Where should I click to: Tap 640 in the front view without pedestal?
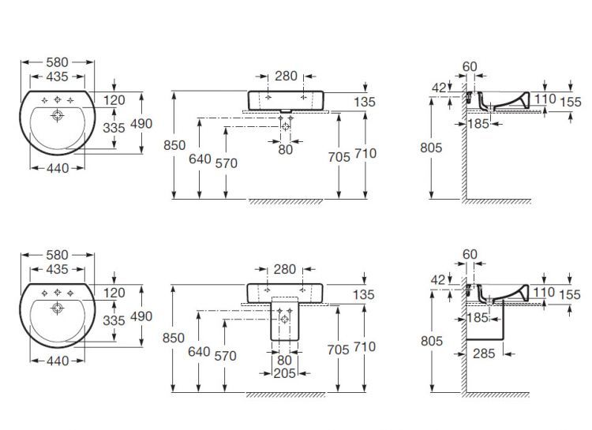coord(200,158)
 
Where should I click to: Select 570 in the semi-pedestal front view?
coord(226,356)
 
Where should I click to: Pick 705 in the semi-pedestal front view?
coord(339,347)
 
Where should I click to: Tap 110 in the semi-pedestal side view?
coord(544,292)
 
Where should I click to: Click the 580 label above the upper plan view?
coord(58,62)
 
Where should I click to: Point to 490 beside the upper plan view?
coord(141,123)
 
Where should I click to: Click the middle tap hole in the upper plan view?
coord(58,100)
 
